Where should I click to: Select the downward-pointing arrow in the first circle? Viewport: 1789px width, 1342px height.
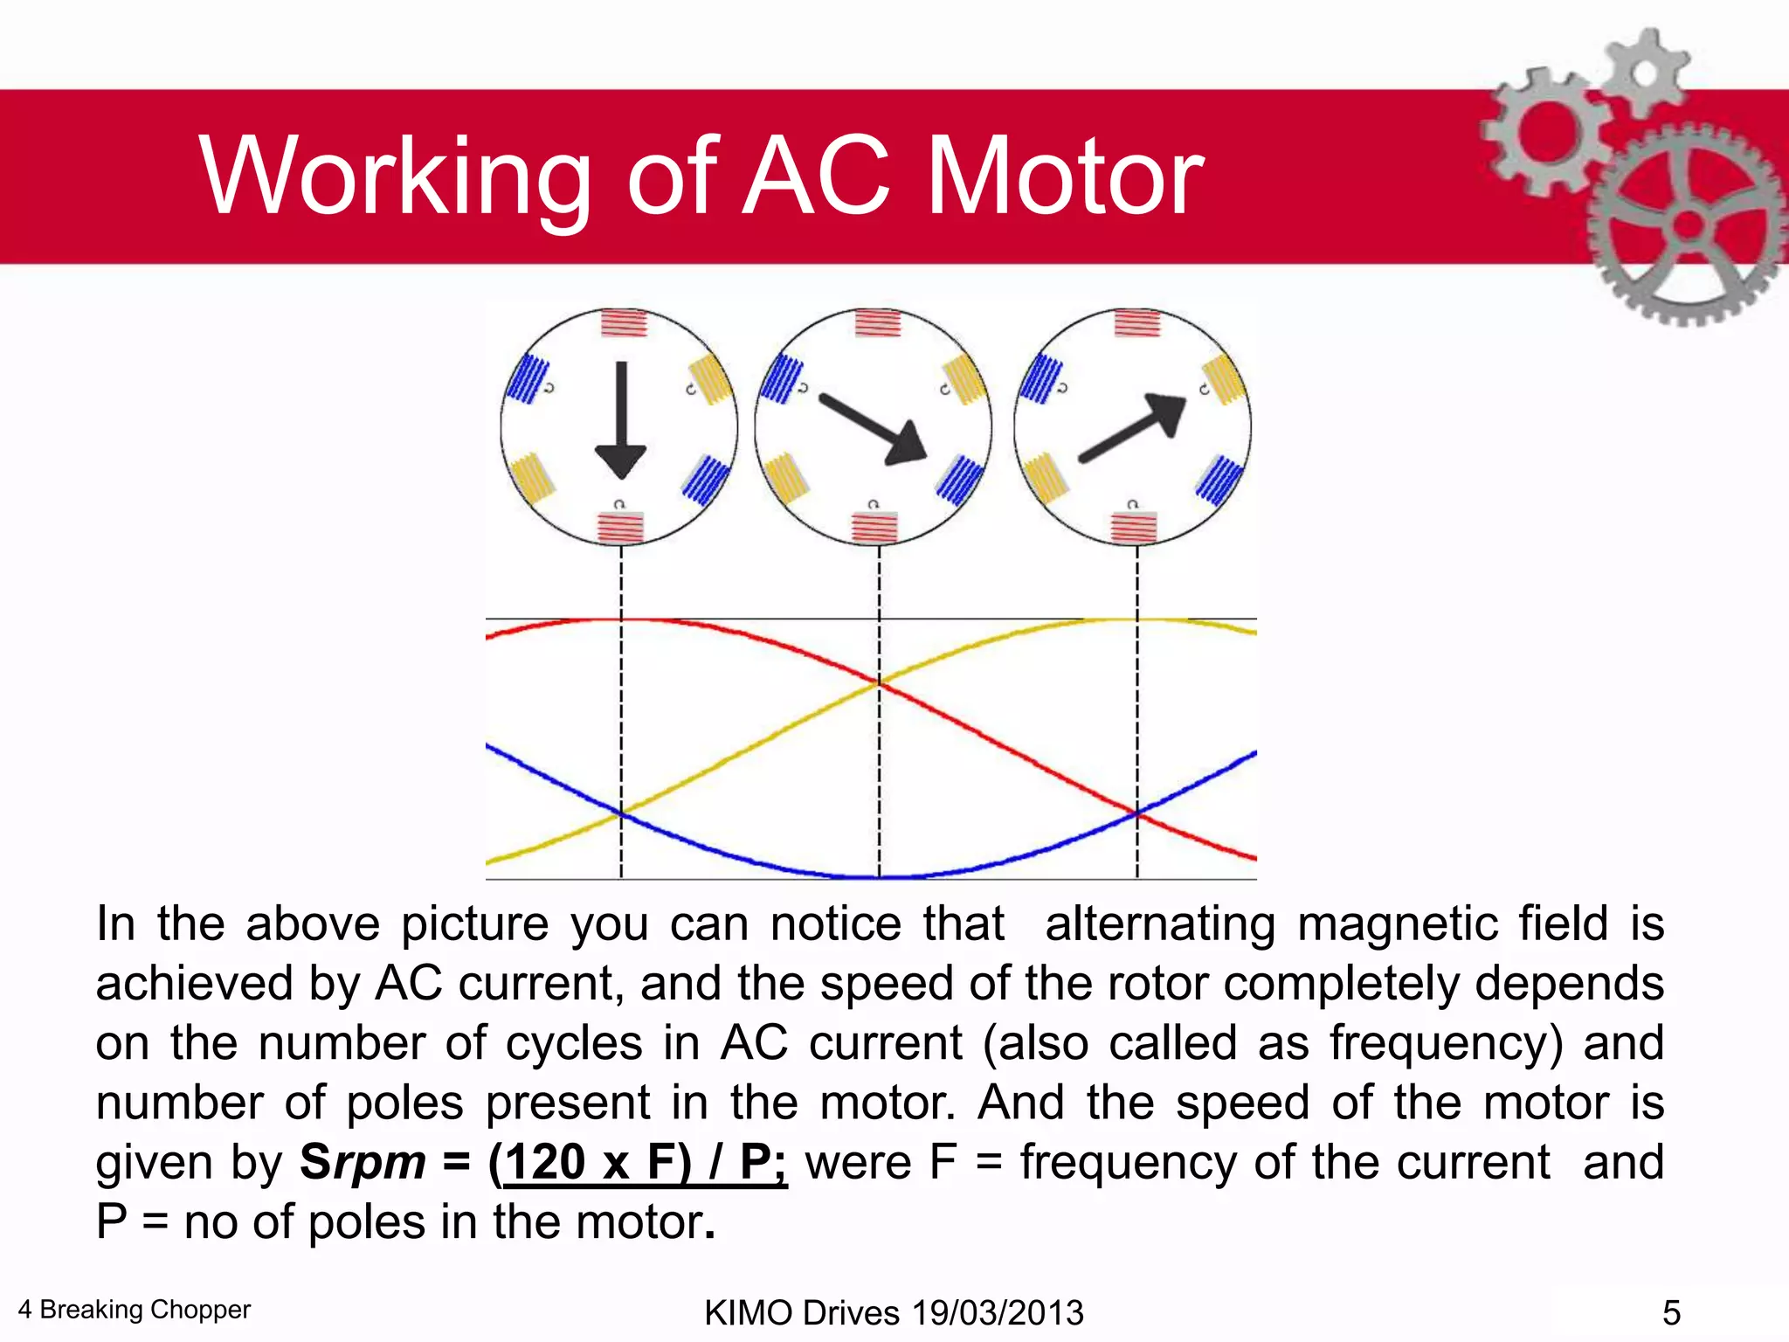click(621, 419)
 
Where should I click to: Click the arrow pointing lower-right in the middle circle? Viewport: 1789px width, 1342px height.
click(873, 428)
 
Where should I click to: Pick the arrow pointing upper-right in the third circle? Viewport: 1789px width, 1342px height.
click(1133, 427)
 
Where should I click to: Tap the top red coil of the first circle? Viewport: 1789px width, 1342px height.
click(624, 324)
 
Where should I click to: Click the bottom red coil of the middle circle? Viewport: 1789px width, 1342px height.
click(874, 528)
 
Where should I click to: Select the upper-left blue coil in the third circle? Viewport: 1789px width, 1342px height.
click(1041, 378)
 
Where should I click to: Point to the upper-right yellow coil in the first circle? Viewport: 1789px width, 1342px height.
click(711, 379)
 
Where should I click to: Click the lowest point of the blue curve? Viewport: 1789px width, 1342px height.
click(879, 875)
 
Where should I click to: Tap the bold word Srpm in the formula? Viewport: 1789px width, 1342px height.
click(363, 1162)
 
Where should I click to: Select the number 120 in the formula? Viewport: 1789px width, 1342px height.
click(546, 1162)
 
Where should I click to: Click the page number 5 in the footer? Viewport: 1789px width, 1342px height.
click(1671, 1312)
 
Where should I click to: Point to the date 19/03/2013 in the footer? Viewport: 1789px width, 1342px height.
click(998, 1312)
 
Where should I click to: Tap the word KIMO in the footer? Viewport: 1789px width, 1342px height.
click(748, 1312)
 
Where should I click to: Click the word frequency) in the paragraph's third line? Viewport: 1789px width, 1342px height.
click(1446, 1044)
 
